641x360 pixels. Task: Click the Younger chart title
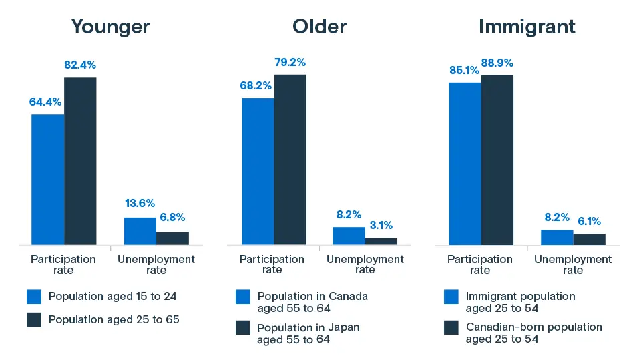tap(110, 27)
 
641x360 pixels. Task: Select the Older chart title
tap(319, 27)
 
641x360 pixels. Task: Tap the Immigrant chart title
tap(527, 27)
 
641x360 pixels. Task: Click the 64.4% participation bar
tap(48, 179)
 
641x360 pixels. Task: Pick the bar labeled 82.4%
tap(80, 161)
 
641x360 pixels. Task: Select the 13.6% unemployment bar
tap(140, 230)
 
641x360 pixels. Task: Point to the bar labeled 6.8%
tap(172, 238)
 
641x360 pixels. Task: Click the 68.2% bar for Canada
tap(258, 171)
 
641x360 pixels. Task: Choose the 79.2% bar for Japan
tap(290, 159)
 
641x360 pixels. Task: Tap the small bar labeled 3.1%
tap(381, 240)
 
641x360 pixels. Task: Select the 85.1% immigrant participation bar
tap(465, 163)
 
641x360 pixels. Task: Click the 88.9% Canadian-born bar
tap(497, 160)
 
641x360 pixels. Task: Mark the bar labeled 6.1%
tap(589, 238)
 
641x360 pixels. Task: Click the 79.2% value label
tap(290, 63)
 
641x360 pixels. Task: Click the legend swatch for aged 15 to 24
tap(34, 296)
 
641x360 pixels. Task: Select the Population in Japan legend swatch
tap(243, 327)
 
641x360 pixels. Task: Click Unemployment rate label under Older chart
tap(365, 264)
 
